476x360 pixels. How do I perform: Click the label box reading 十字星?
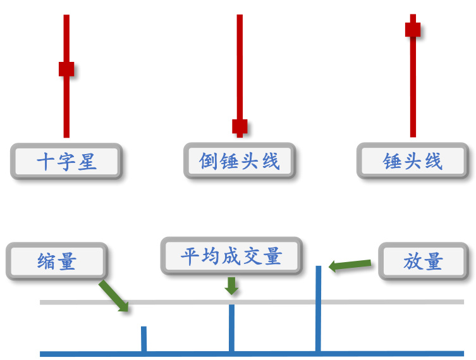(x=66, y=162)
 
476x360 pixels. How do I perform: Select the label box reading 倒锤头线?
(x=240, y=161)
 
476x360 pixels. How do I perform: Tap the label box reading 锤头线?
(x=413, y=161)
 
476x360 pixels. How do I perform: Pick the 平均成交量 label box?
(x=231, y=256)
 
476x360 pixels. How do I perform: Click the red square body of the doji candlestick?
(x=66, y=69)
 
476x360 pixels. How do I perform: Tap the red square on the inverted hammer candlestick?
(x=240, y=126)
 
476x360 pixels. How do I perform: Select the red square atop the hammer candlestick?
(x=413, y=29)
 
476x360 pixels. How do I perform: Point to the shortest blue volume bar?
(x=144, y=339)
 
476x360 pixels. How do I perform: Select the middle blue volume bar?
(x=231, y=328)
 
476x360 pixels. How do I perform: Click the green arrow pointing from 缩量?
(x=114, y=296)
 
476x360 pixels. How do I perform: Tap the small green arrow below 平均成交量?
(x=232, y=286)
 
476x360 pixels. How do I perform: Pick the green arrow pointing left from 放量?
(x=350, y=265)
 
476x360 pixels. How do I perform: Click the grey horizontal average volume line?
(x=392, y=302)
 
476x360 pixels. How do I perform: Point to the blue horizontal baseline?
(x=392, y=354)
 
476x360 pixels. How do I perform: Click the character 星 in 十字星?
(x=87, y=162)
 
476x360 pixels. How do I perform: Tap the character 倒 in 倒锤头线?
(x=209, y=161)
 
